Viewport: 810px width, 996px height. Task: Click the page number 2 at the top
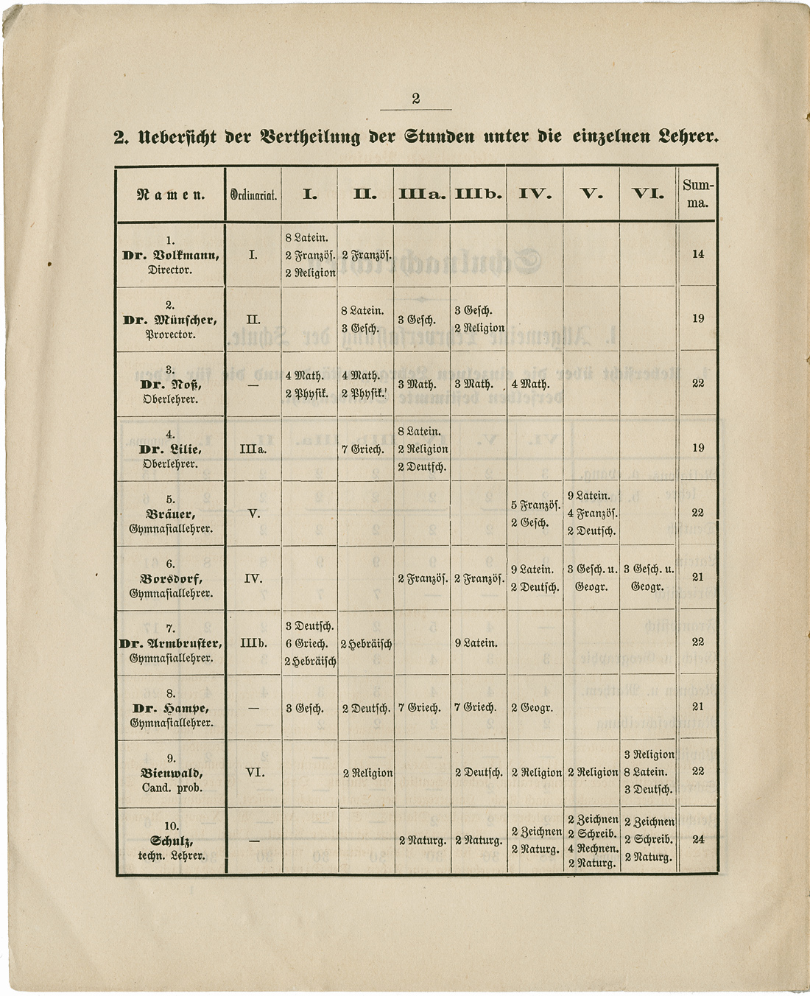coord(415,99)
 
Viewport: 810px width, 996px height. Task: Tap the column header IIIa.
coord(422,194)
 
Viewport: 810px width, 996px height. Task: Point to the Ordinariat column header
coord(253,195)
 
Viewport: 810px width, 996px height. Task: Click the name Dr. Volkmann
coord(171,256)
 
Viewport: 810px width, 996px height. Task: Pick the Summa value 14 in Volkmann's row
coord(697,254)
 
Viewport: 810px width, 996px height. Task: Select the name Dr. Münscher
coord(171,320)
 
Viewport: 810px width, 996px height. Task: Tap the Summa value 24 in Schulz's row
coord(697,839)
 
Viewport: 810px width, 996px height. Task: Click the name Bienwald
coord(171,774)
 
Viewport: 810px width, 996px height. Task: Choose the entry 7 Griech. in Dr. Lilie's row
coord(365,449)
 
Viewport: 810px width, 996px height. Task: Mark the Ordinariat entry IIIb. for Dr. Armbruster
coord(253,643)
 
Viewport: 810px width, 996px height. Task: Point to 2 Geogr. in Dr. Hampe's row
coord(532,708)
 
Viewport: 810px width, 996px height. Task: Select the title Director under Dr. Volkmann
coord(170,270)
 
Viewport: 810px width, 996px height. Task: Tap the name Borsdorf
coord(171,579)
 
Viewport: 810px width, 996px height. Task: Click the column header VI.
coord(647,194)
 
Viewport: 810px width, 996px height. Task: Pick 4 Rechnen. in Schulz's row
coord(593,849)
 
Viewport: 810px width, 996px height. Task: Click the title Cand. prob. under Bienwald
coord(171,788)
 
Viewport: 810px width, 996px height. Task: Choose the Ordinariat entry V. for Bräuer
coord(253,513)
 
